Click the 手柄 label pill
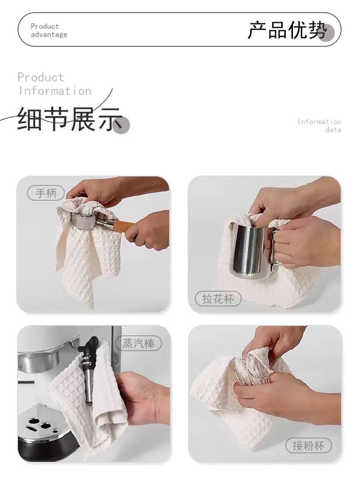click(46, 193)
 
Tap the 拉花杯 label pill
click(218, 298)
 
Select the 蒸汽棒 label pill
click(139, 343)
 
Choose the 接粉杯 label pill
click(309, 446)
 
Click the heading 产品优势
click(287, 30)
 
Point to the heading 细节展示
click(70, 119)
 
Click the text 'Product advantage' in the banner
click(49, 31)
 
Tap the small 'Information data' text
click(319, 126)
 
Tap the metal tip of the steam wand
click(89, 386)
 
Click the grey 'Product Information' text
click(54, 84)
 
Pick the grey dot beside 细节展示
click(121, 125)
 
